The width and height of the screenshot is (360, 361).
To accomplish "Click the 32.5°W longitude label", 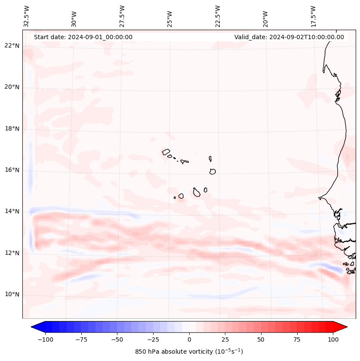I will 27,17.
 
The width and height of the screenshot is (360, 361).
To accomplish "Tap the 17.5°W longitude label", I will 313,17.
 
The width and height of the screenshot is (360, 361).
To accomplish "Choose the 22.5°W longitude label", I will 218,17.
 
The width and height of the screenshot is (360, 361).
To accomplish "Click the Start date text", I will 83,37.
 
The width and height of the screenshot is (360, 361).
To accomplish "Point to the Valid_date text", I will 289,37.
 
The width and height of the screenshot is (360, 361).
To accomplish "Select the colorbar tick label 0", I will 189,339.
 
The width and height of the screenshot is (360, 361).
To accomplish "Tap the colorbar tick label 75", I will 297,339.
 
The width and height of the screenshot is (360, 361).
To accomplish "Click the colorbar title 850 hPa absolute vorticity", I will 189,352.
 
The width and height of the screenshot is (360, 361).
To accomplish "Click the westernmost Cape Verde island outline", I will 166,152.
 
